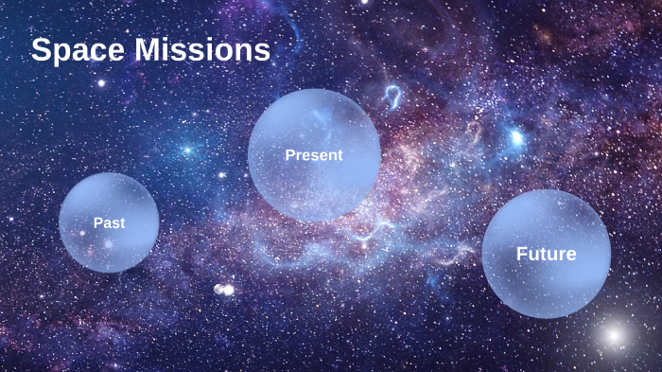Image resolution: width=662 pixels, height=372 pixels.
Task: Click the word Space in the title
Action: (79, 50)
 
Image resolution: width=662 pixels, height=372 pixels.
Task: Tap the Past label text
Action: (110, 222)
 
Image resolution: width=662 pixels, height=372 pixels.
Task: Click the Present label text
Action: (314, 154)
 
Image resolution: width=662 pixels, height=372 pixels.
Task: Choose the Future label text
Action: (546, 254)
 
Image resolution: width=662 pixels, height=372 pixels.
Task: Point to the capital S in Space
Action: (42, 50)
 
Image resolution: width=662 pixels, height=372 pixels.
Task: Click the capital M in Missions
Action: (152, 50)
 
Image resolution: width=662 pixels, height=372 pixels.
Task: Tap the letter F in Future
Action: (521, 254)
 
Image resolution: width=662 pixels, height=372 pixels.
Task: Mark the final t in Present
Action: (340, 155)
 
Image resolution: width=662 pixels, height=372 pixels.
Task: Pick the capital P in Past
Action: (97, 222)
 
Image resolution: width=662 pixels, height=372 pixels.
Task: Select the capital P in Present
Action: (289, 154)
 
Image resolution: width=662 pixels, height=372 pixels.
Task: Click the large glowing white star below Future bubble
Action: (613, 334)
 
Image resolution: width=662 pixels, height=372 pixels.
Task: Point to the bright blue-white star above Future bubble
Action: (516, 139)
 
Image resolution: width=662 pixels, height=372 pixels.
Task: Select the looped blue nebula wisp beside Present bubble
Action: (392, 95)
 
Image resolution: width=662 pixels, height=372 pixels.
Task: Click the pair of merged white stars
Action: (224, 289)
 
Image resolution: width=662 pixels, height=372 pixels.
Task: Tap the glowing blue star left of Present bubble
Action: (187, 150)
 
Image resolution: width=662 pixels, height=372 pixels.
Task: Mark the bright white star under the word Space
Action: (101, 83)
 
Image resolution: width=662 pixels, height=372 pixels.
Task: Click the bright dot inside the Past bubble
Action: (109, 244)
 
